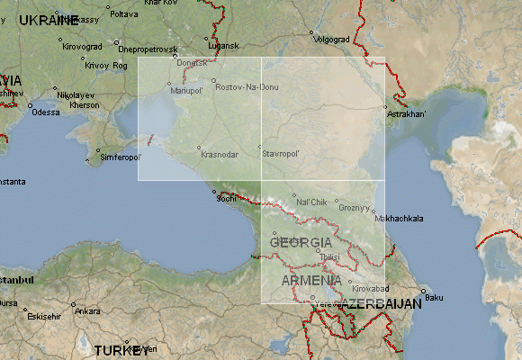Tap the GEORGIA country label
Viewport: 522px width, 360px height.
[301, 243]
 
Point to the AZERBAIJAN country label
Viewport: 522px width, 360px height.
[382, 304]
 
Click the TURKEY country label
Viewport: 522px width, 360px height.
[121, 350]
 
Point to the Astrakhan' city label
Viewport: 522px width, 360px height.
[406, 114]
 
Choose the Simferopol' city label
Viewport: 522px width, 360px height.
[121, 157]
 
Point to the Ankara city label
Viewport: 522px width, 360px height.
[87, 311]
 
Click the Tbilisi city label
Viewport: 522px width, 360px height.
[329, 257]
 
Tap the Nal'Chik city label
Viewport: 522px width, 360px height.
[310, 201]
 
